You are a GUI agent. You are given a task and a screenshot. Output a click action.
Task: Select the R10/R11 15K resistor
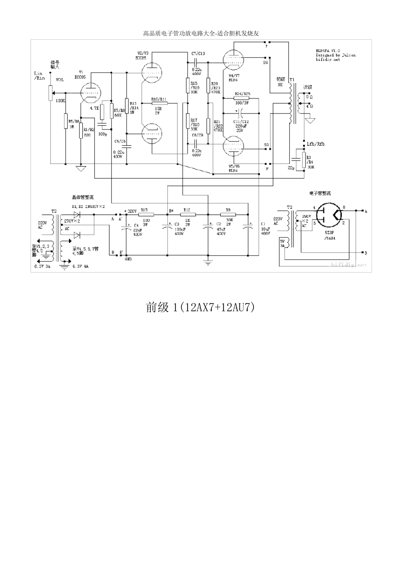(159, 103)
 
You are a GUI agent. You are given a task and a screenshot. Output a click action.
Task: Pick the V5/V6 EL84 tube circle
(233, 148)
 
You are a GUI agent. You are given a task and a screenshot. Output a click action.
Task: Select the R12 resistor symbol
(187, 215)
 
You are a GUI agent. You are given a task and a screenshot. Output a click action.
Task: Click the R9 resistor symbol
(228, 215)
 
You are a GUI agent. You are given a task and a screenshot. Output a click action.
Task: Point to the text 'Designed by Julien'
(336, 55)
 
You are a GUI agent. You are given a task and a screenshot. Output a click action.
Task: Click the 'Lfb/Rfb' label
(315, 144)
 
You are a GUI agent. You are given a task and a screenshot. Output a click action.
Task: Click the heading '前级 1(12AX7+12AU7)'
(200, 308)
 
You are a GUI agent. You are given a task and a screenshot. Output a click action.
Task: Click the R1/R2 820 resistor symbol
(81, 125)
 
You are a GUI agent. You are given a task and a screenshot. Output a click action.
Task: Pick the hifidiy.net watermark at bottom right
(349, 264)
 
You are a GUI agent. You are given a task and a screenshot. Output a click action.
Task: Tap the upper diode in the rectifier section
(76, 215)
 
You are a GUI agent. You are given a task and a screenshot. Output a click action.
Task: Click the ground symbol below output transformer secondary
(310, 121)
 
